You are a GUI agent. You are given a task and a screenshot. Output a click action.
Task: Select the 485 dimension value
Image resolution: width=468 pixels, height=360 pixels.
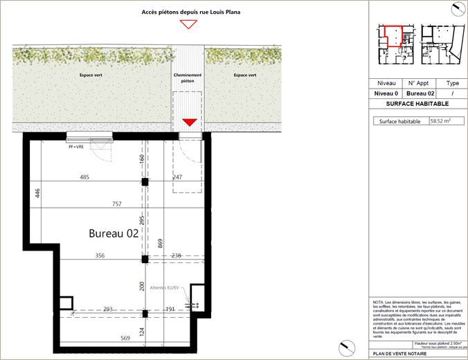click(x=85, y=177)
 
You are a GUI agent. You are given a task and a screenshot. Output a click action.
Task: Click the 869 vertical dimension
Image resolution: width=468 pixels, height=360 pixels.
click(x=161, y=243)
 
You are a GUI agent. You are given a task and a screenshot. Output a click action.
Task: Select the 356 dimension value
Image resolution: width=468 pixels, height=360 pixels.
click(x=100, y=255)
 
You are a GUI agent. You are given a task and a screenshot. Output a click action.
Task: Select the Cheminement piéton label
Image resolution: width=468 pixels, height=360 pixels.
click(x=188, y=78)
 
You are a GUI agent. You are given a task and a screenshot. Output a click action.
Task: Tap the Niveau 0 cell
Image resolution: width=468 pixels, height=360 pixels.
click(x=386, y=93)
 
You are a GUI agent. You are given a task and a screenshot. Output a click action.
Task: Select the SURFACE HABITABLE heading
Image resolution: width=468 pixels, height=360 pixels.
click(x=417, y=103)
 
